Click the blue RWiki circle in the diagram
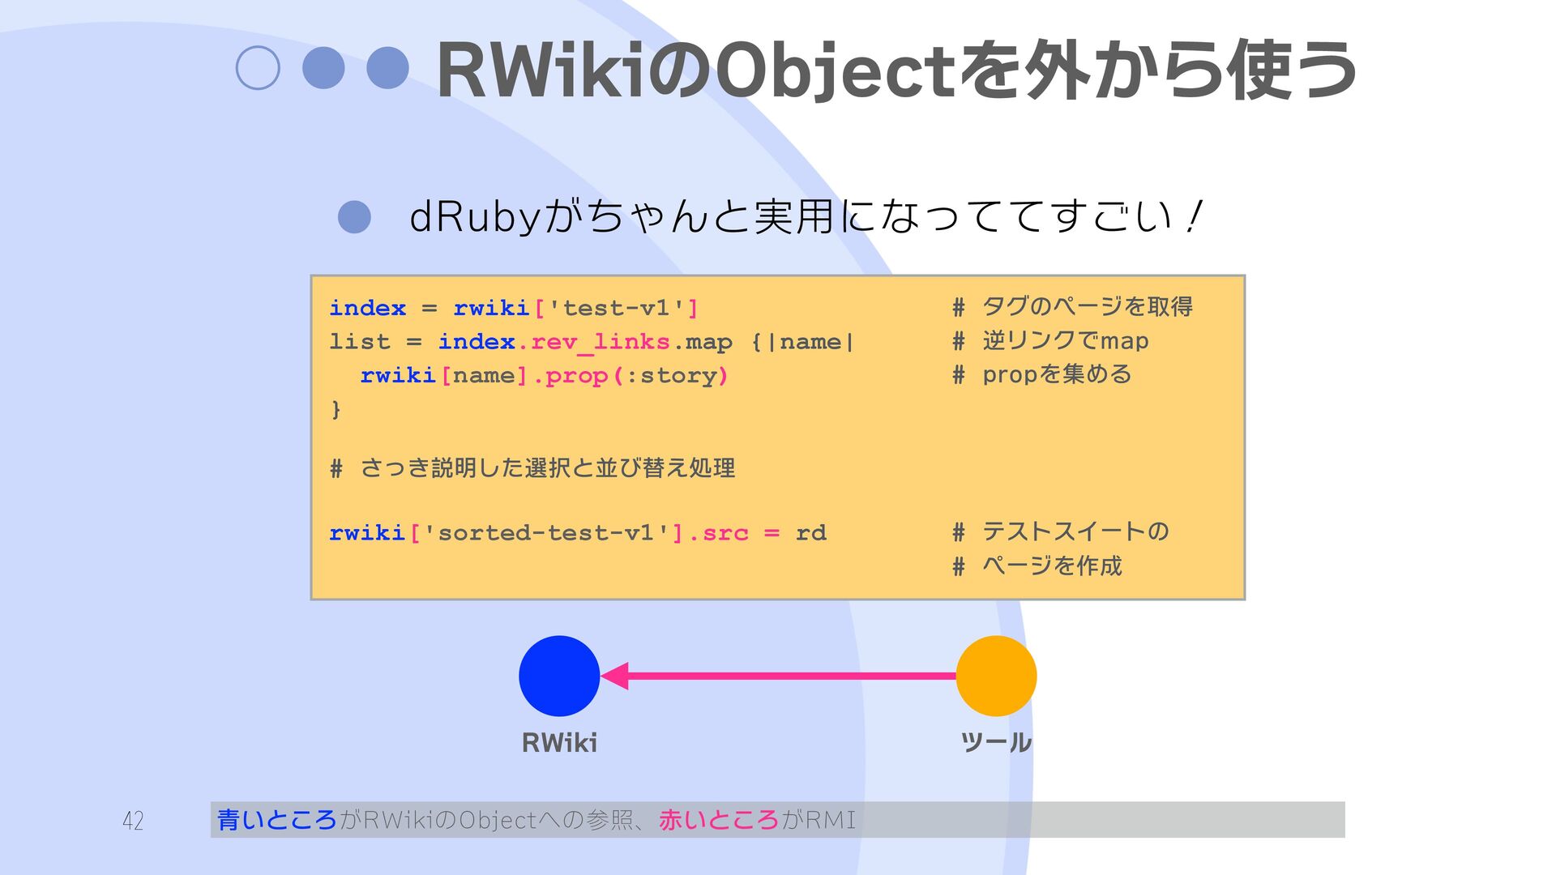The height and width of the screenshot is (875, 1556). [x=559, y=676]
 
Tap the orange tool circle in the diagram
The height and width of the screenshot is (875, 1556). [x=996, y=676]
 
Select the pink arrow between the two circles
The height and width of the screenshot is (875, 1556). [x=778, y=676]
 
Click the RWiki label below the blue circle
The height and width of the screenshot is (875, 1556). [x=559, y=742]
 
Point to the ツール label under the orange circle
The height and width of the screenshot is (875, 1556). [x=996, y=742]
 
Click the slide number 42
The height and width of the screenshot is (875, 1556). [x=133, y=821]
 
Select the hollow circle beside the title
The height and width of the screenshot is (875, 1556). [x=258, y=68]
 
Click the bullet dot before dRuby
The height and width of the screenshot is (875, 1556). [x=354, y=216]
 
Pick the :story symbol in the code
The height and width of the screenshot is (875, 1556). [x=671, y=376]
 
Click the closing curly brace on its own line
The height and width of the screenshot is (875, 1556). [x=336, y=409]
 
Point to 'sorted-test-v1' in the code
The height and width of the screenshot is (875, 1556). [x=546, y=533]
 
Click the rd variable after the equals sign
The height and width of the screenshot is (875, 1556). [x=810, y=533]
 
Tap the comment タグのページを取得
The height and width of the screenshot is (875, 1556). [x=1087, y=307]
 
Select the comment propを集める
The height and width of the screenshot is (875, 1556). [x=1057, y=374]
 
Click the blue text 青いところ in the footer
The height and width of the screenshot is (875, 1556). [x=276, y=820]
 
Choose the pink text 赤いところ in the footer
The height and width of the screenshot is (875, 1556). [x=718, y=820]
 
